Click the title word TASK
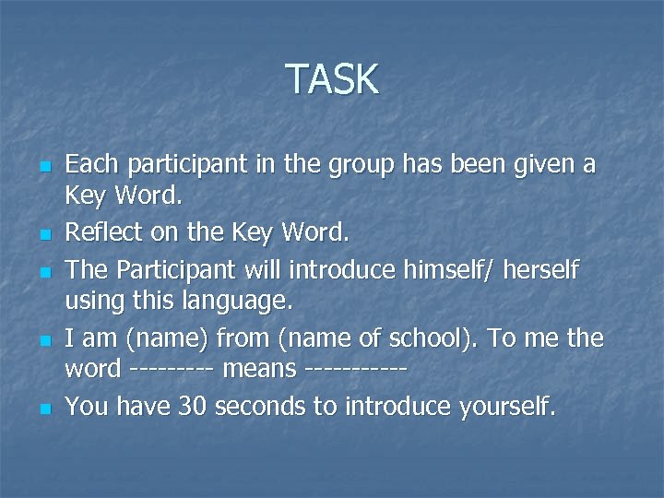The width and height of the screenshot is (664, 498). pyautogui.click(x=332, y=79)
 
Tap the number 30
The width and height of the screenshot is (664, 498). pyautogui.click(x=196, y=407)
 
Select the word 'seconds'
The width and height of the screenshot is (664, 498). pyautogui.click(x=262, y=407)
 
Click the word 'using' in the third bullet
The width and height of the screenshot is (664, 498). pyautogui.click(x=90, y=301)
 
